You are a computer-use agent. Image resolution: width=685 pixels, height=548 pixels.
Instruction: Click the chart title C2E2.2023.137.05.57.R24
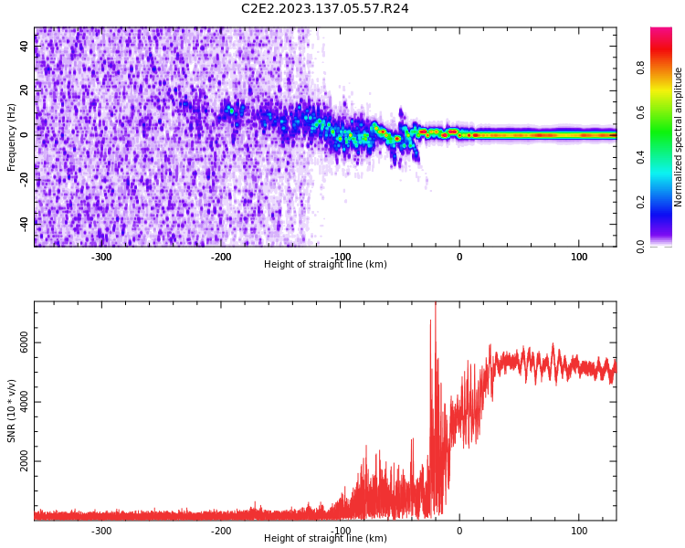(x=324, y=9)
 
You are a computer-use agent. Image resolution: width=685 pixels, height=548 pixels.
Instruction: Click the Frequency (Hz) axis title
(x=12, y=137)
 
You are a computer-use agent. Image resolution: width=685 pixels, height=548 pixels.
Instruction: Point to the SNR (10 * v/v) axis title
(x=12, y=411)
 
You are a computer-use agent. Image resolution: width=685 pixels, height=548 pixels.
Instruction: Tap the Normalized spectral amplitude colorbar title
(x=679, y=137)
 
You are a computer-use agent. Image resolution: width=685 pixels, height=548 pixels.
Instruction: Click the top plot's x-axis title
(x=325, y=265)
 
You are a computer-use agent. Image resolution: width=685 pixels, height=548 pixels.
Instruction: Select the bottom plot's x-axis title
(x=325, y=539)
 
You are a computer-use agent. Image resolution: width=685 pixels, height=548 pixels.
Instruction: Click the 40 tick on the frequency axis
(x=25, y=46)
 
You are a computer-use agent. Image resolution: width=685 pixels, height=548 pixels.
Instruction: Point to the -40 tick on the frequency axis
(x=25, y=222)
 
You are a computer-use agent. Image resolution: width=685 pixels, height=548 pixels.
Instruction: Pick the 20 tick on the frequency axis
(x=25, y=90)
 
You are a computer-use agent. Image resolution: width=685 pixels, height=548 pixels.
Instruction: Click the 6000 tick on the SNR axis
(x=25, y=343)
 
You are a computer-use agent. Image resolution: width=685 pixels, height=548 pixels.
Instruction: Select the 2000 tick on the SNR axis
(x=25, y=462)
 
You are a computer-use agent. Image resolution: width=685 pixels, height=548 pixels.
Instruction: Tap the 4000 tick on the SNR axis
(x=25, y=403)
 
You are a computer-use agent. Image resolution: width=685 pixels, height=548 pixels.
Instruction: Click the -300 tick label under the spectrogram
(x=101, y=257)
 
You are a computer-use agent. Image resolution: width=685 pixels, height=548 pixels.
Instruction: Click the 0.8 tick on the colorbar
(x=640, y=68)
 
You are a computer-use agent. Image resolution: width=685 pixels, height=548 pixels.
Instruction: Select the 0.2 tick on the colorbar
(x=640, y=202)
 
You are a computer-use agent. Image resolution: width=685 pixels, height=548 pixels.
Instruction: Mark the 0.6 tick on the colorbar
(x=640, y=112)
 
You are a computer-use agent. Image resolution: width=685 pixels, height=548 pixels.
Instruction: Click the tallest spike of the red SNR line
(x=435, y=304)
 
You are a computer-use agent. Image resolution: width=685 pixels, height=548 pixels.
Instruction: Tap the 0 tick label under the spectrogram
(x=459, y=257)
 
